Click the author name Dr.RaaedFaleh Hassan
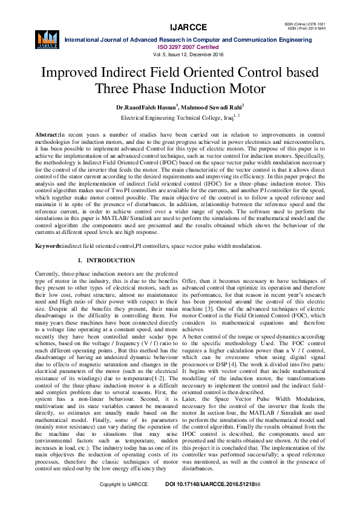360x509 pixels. [147, 107]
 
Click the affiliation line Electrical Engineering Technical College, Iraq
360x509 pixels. [180, 117]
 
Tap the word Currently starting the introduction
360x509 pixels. [50, 274]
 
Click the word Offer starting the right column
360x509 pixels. [190, 282]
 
